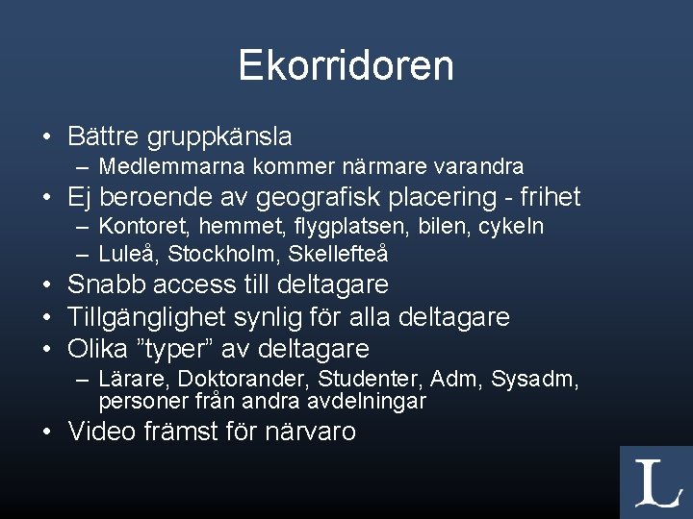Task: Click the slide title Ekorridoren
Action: pyautogui.click(x=346, y=65)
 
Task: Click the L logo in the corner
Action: pyautogui.click(x=656, y=482)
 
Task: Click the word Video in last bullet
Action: pyautogui.click(x=103, y=432)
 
